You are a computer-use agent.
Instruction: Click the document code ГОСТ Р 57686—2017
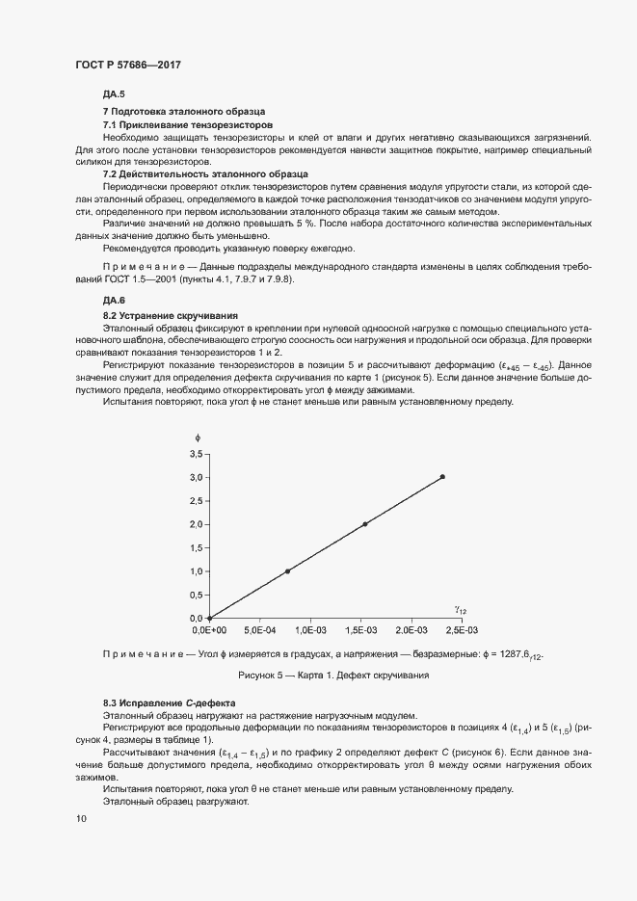[127, 65]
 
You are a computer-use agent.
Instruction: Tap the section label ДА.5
[114, 93]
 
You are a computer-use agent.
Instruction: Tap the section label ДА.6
[114, 301]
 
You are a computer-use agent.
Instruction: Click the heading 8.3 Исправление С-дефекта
[168, 703]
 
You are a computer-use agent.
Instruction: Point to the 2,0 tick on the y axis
[196, 524]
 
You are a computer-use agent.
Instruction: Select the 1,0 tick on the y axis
[196, 571]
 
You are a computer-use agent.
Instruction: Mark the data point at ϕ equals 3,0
[442, 477]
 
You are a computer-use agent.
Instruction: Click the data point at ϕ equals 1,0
[287, 571]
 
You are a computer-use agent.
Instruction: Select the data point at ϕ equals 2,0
[365, 524]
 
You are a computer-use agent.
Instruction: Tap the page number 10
[80, 818]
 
